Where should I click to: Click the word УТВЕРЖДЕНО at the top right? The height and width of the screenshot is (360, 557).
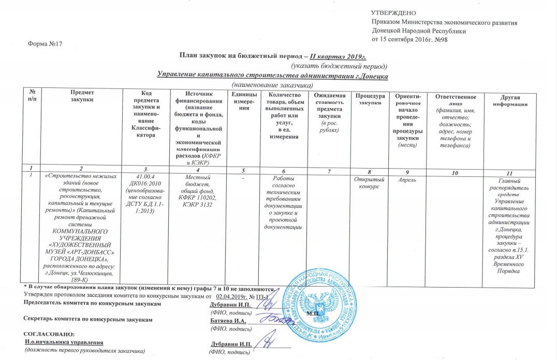pyautogui.click(x=393, y=12)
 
